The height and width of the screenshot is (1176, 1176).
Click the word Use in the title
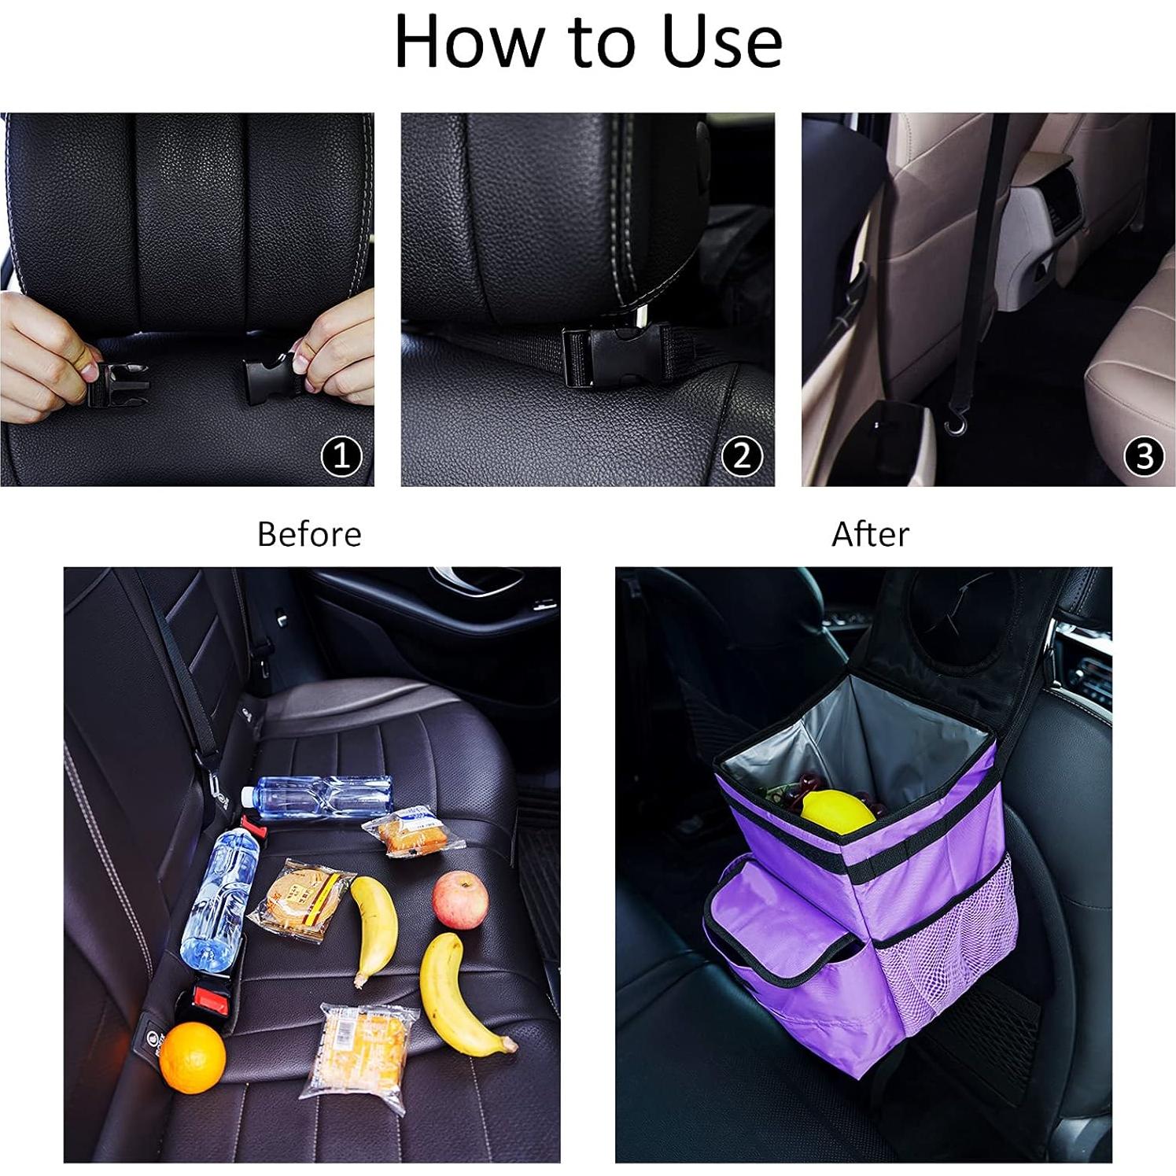[x=722, y=42]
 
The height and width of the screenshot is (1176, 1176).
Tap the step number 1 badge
[x=341, y=455]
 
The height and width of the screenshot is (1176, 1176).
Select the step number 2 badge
[x=742, y=455]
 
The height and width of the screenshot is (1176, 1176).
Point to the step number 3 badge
[x=1144, y=455]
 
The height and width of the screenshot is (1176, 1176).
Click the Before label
[x=309, y=535]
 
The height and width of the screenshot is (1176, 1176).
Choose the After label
[x=870, y=535]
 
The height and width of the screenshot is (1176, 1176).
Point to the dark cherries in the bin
[x=810, y=784]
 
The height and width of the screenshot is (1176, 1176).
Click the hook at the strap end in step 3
[x=956, y=425]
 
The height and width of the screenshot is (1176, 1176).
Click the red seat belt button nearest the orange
[x=209, y=1001]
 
